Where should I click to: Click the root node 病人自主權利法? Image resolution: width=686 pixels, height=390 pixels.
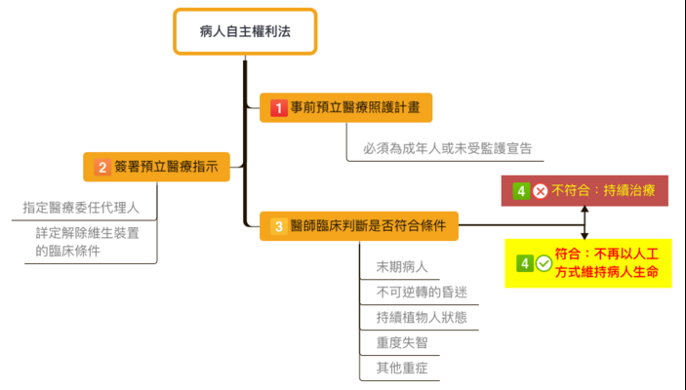click(245, 32)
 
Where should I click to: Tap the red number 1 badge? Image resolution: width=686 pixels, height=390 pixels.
click(278, 107)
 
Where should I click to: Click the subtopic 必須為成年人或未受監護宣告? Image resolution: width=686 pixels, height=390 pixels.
click(440, 148)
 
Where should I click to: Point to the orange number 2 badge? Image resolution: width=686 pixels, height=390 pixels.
click(102, 168)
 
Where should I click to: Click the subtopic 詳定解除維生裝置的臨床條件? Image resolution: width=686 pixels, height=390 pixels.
click(87, 242)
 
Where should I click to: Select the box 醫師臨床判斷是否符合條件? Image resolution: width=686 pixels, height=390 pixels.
click(359, 226)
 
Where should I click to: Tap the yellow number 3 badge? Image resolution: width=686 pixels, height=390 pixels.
click(278, 226)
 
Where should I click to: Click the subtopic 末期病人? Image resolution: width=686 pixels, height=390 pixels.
click(402, 267)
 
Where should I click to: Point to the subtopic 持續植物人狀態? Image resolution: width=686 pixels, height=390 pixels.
click(421, 318)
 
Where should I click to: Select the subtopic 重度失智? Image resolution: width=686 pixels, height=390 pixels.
click(402, 343)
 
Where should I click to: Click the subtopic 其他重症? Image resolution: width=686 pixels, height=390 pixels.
click(402, 369)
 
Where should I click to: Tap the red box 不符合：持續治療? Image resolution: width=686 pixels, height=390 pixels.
click(585, 191)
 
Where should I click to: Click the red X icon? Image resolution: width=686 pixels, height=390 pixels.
click(540, 191)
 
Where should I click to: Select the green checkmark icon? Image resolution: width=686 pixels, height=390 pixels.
click(543, 263)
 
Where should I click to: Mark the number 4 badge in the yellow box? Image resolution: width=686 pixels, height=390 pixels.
click(525, 263)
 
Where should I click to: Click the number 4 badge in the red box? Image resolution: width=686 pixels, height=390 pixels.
click(521, 191)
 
